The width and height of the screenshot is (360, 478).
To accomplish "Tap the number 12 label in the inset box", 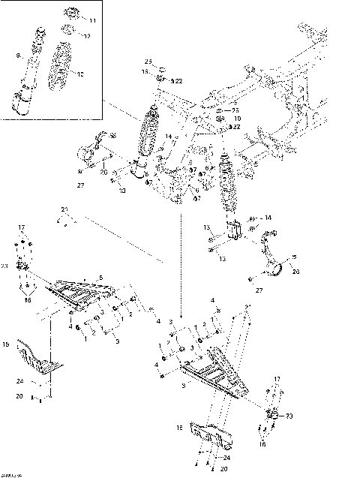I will coord(87,36).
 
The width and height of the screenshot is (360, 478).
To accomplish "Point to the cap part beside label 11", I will coord(70,14).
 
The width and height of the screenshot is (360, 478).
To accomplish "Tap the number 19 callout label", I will coord(237,119).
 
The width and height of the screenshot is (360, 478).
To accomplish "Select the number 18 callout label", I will coord(145,72).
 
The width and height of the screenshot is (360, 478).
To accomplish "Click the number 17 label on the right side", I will coord(276,379).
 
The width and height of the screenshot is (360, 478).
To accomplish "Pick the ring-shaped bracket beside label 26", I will coord(275,266).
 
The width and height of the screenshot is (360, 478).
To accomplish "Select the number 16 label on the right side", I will coord(262,444).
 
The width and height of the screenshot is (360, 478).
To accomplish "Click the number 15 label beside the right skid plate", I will coord(179,428).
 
